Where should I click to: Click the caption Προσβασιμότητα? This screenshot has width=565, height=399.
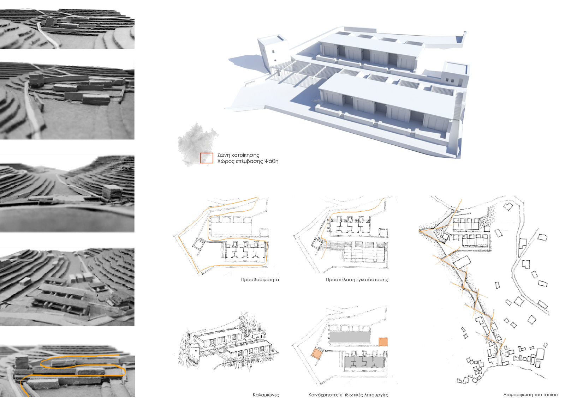[260, 279]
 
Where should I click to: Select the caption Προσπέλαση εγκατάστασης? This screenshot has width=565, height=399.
[357, 279]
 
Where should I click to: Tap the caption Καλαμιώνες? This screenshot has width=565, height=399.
[266, 395]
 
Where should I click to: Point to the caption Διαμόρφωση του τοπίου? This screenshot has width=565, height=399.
[530, 395]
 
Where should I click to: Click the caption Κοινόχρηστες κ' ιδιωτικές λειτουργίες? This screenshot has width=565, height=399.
[348, 395]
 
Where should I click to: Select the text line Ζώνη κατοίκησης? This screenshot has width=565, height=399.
[238, 155]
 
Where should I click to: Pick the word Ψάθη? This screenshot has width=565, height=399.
[272, 161]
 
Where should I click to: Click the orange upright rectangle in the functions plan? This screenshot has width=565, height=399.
[383, 342]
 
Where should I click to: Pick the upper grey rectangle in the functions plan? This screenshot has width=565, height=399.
[350, 337]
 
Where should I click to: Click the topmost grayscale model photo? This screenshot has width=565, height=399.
[67, 29]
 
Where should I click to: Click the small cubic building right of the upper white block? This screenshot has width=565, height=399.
[456, 74]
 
